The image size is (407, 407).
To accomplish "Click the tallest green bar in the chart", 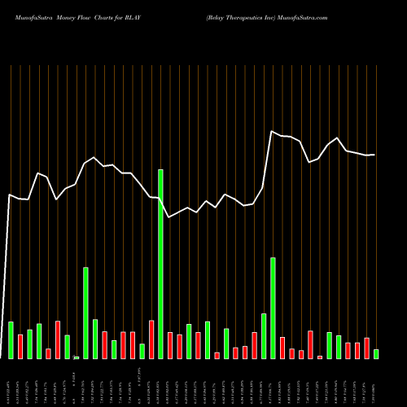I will coord(160,264).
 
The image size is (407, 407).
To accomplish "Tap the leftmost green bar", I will coord(11,340).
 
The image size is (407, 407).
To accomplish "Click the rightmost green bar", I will coord(376,354).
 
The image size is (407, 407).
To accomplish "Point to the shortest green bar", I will coord(77,357).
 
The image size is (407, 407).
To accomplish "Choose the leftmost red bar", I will coord(20,347).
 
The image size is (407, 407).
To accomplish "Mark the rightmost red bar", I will coord(366,348).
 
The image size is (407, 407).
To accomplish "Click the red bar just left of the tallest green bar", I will coord(151,339).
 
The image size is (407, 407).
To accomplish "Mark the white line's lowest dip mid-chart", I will coord(168,217).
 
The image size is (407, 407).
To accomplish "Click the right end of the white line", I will coord(374,155).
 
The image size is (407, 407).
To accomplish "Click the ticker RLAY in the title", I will coord(129,16).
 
